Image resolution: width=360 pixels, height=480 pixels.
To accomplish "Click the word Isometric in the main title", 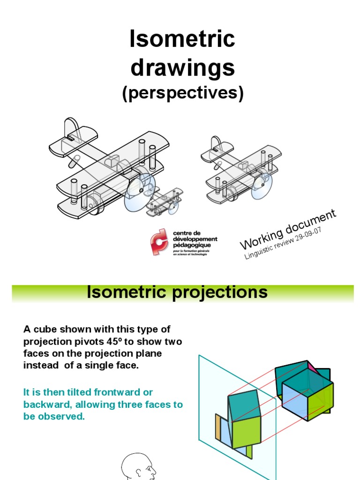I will (x=182, y=40).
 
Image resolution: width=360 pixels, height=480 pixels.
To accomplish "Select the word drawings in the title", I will (x=182, y=68).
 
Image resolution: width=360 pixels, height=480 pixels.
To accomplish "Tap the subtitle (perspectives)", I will (x=183, y=94).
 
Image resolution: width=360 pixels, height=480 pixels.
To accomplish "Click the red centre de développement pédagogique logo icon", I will (x=159, y=242).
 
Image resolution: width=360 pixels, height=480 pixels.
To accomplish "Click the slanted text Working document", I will (x=287, y=229).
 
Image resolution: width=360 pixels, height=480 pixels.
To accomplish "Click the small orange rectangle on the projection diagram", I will (x=218, y=427).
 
